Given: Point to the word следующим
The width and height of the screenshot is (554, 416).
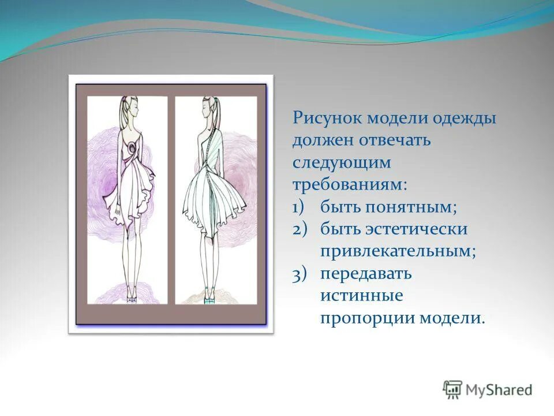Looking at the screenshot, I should [x=342, y=163].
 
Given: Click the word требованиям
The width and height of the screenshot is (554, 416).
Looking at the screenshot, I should [x=349, y=185].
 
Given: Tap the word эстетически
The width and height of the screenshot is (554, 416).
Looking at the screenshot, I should [x=424, y=229].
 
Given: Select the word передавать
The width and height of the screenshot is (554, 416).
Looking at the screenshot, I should [x=366, y=274].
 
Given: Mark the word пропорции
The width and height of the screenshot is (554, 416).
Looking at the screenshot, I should [x=368, y=318].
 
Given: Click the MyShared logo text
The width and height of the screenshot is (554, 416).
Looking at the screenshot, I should [x=499, y=390].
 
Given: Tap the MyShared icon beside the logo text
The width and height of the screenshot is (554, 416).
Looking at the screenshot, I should [x=452, y=390].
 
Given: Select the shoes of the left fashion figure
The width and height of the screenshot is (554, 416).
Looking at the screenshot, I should [x=132, y=298].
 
